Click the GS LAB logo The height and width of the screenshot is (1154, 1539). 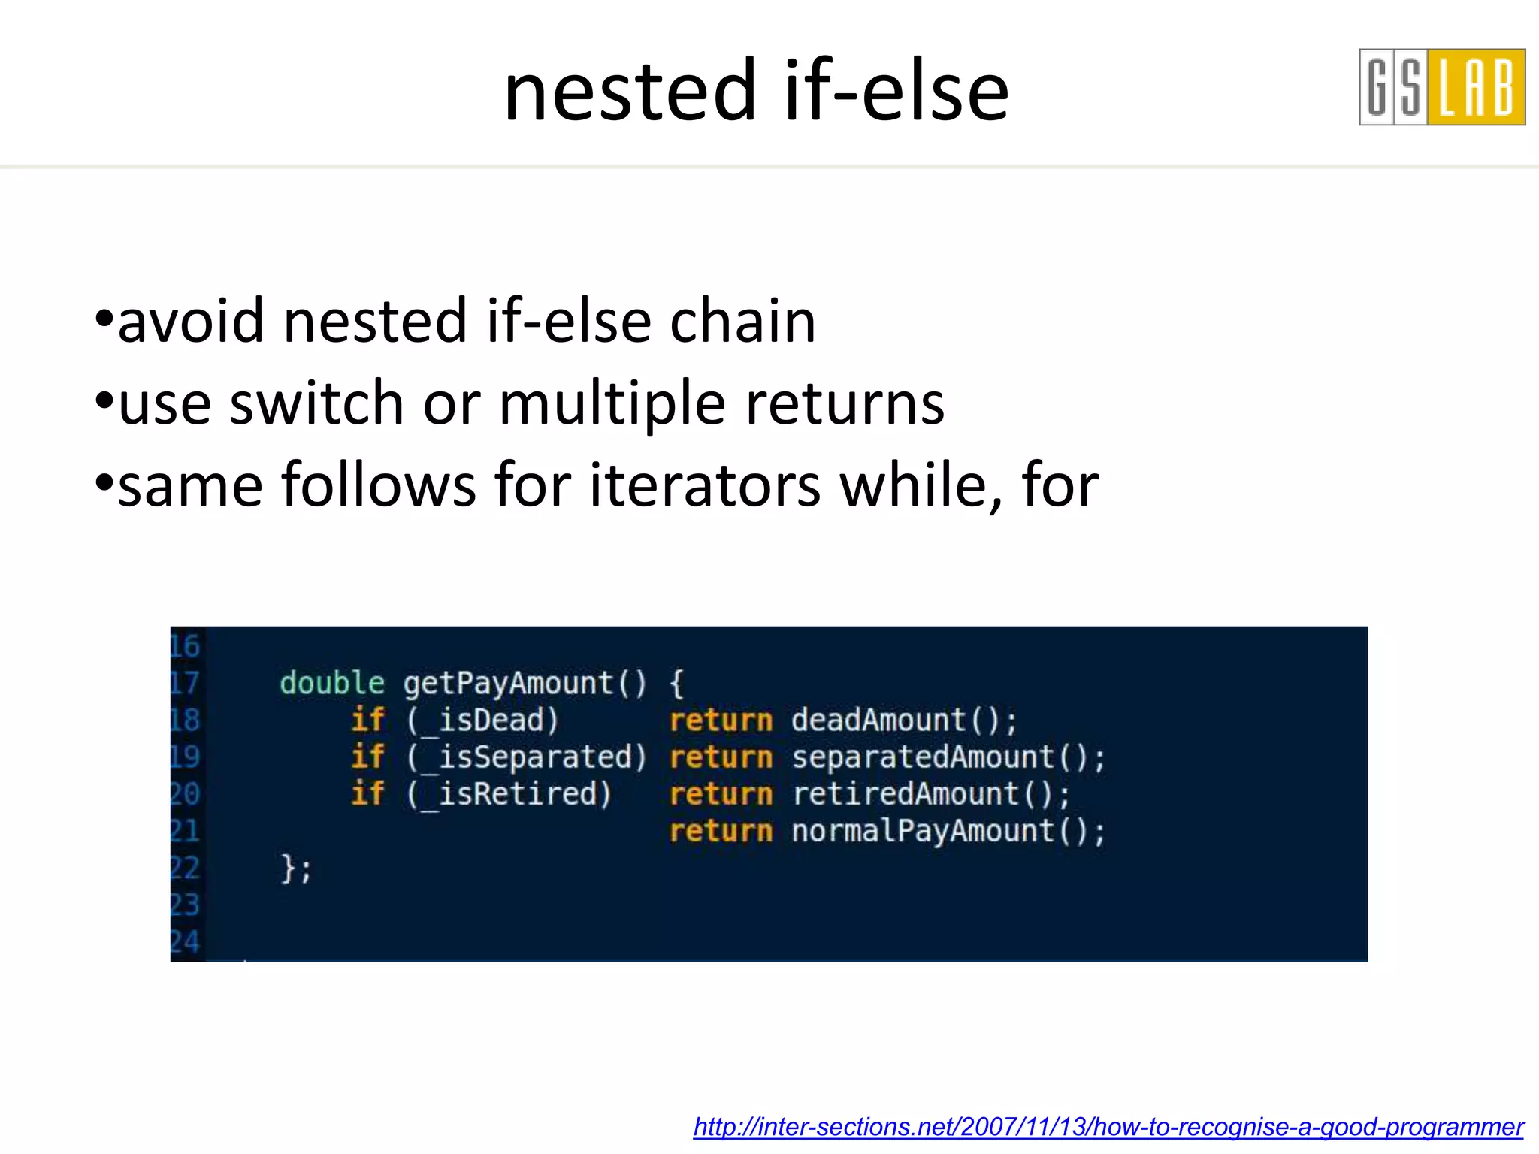1441,87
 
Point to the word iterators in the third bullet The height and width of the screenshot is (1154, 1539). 705,485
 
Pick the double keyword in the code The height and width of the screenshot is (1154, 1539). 331,683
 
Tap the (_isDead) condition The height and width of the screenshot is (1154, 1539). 482,720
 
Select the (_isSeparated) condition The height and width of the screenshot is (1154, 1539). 526,757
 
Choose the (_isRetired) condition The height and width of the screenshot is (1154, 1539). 509,793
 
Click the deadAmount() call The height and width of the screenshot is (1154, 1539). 903,720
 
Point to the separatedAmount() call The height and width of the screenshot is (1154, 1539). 948,757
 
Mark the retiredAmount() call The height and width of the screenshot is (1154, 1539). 930,793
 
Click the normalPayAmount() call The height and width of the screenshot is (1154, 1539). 948,831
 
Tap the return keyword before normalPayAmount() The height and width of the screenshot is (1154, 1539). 721,831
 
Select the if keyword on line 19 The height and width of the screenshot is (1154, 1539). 367,757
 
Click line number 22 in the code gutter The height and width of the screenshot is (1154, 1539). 184,868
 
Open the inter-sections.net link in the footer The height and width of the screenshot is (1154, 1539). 1108,1127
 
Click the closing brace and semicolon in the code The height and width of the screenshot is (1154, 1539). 295,869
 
